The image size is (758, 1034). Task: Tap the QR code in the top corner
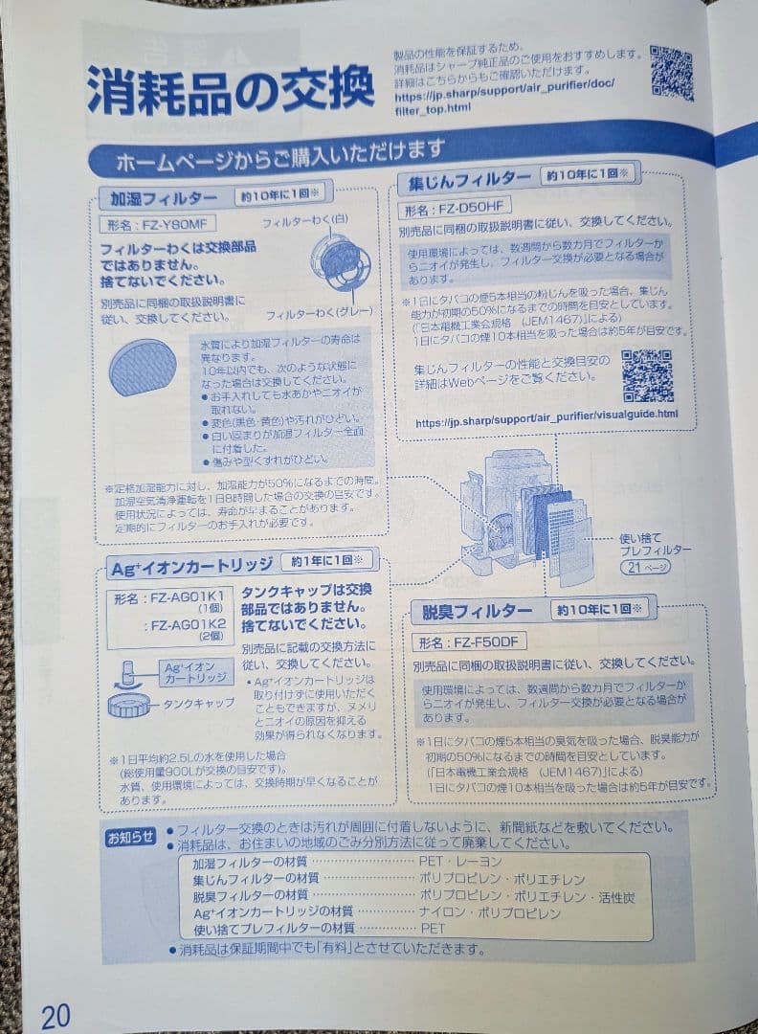(x=672, y=72)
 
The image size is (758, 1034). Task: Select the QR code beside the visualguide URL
(x=647, y=376)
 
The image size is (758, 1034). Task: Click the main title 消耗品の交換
(x=230, y=91)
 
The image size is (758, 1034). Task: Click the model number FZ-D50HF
(x=456, y=207)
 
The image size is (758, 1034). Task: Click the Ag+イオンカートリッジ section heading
(x=191, y=565)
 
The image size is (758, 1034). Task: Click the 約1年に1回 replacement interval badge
(x=328, y=561)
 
